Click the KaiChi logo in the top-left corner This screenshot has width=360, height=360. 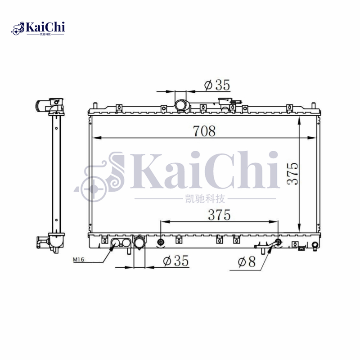click(x=38, y=28)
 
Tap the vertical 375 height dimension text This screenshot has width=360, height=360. click(x=292, y=173)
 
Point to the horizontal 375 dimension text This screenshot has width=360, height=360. click(x=219, y=215)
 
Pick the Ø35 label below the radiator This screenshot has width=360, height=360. click(x=175, y=261)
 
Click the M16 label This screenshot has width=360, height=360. click(x=79, y=260)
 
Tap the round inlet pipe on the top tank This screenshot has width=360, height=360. click(x=181, y=105)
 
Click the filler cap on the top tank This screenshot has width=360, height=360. click(x=224, y=103)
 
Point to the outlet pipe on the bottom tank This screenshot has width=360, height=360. click(x=139, y=243)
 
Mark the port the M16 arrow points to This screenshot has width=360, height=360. click(x=116, y=243)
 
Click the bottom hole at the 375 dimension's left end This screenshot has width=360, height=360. click(x=161, y=243)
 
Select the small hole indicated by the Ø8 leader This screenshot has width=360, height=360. click(x=278, y=243)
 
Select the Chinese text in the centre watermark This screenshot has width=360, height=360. click(x=205, y=198)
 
